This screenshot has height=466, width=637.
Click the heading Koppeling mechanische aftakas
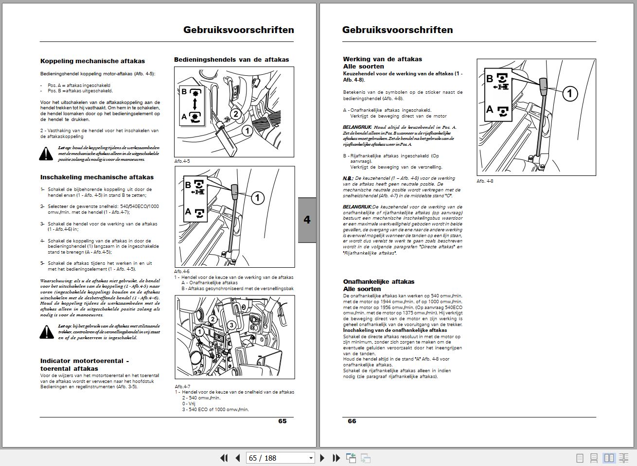pos(92,61)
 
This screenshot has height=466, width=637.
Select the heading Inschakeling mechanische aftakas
pos(97,177)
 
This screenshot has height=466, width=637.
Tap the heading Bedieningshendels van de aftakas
pos(231,60)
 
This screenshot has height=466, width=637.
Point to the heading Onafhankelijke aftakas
pos(378,281)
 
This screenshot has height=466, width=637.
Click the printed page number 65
pos(282,421)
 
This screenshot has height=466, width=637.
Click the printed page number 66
pos(352,421)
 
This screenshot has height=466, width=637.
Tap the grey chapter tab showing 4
pos(307,220)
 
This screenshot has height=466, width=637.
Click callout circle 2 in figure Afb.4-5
pos(235,114)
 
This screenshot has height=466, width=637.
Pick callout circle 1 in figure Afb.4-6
pos(257,198)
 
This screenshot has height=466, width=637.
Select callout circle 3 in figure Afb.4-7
pos(231,325)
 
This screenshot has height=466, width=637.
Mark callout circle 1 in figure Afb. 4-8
pos(570,93)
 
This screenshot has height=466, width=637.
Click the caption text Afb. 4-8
pos(485,181)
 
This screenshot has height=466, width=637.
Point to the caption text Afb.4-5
pos(182,161)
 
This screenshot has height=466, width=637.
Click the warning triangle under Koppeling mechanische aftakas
pos(46,154)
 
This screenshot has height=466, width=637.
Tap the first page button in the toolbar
pos(224,458)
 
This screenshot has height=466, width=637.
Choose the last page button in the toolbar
pos(336,458)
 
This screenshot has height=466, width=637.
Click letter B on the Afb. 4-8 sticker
pos(489,79)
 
